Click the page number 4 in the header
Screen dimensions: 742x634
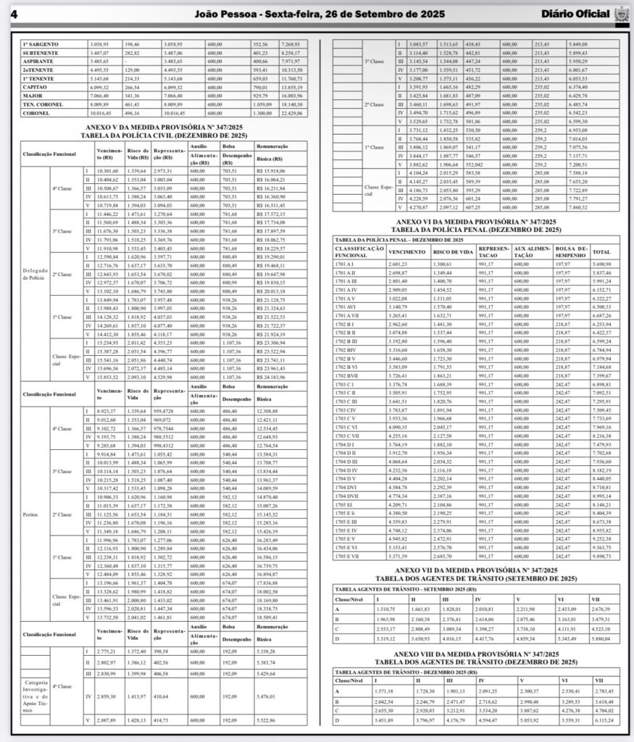(14, 14)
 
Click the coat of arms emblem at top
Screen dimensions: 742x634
(620, 14)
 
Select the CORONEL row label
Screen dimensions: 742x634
(37, 112)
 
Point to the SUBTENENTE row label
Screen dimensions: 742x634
(41, 53)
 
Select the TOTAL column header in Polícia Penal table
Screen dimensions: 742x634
(601, 251)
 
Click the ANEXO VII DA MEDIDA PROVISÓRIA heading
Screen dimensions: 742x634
(476, 571)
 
